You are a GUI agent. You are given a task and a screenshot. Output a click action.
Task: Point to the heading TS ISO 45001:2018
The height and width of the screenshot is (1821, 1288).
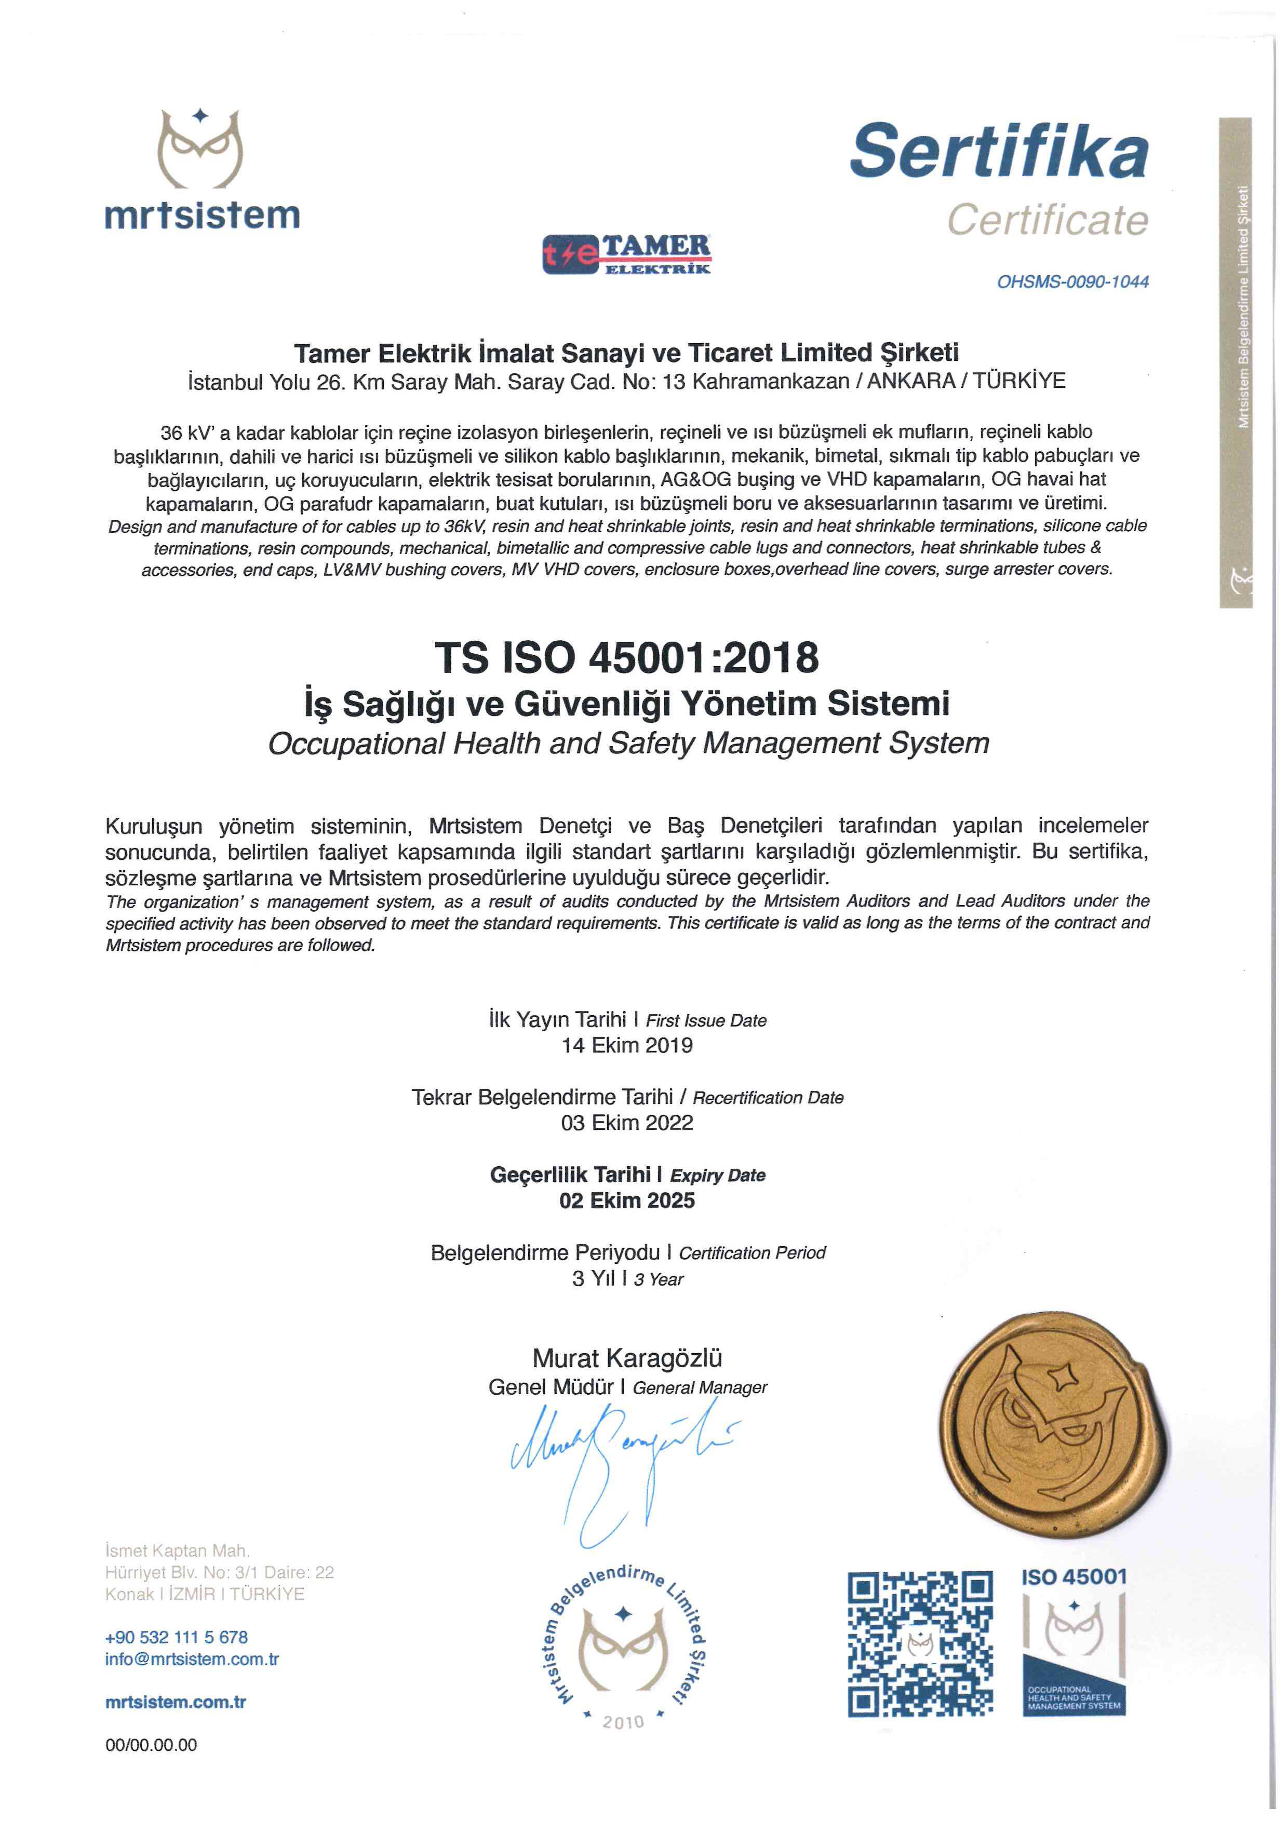(x=626, y=657)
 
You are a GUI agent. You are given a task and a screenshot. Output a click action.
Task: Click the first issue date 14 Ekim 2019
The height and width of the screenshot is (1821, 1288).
(x=626, y=1045)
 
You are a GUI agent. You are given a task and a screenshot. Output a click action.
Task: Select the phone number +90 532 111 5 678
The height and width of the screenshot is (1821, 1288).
(x=176, y=1637)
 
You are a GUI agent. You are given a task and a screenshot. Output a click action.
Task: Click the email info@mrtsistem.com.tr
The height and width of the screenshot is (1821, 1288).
(x=192, y=1659)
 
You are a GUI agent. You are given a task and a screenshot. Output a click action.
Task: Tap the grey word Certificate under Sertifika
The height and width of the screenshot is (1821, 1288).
(x=1047, y=220)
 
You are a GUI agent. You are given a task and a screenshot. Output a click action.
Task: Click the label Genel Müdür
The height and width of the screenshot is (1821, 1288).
(x=551, y=1387)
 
